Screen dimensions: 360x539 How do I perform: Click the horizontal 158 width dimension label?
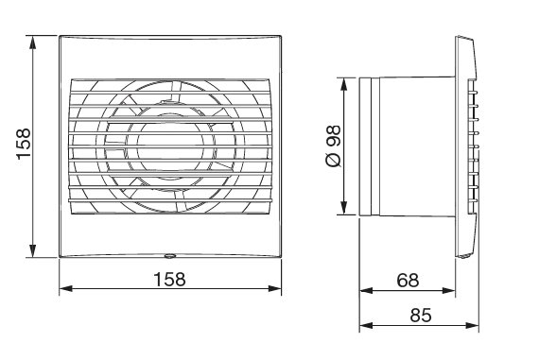[x=168, y=279]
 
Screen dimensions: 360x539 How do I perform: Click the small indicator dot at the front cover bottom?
[x=170, y=255]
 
